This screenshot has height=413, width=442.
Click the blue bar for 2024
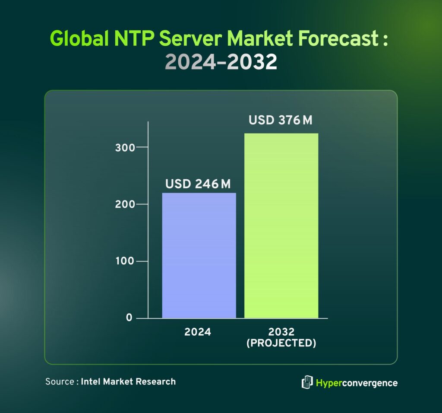[x=199, y=255]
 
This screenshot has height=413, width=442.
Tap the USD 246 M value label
[x=198, y=184]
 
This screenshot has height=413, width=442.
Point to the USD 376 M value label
[x=281, y=120]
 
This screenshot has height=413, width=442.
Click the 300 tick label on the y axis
[x=125, y=147]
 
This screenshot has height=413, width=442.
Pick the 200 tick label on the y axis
[x=125, y=204]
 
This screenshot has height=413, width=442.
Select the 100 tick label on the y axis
[x=125, y=261]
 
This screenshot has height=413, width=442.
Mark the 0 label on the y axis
[x=129, y=318]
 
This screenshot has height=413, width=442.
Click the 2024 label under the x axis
[x=198, y=332]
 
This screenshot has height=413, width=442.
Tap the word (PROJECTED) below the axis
[x=281, y=343]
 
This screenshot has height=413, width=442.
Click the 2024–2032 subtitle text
[x=221, y=63]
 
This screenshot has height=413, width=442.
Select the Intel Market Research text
[x=128, y=381]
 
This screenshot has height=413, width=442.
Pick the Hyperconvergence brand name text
[x=357, y=383]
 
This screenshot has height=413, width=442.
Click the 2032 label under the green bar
[x=281, y=332]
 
